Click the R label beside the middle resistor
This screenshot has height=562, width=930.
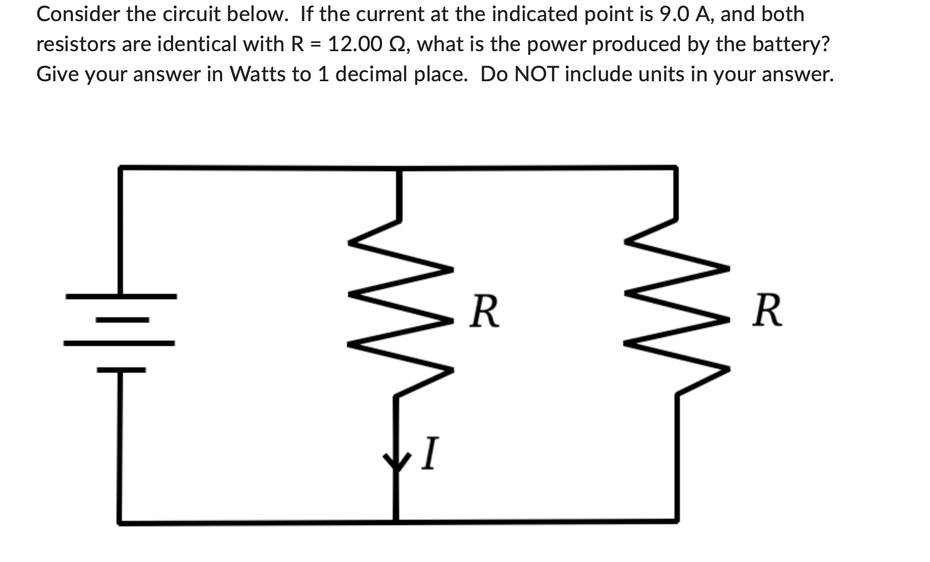(484, 312)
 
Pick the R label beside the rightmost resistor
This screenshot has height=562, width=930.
(767, 312)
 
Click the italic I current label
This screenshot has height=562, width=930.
(429, 453)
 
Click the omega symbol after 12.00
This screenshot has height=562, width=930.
(398, 44)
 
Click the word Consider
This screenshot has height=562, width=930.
(77, 14)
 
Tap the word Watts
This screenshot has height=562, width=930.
(257, 74)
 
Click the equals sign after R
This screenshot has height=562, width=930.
(315, 44)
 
